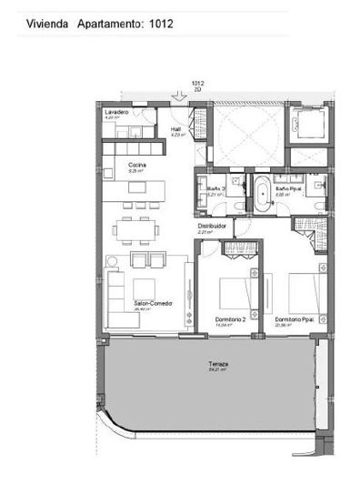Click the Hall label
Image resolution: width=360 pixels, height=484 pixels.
pos(176,129)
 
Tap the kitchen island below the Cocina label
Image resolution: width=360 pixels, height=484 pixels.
pos(149,189)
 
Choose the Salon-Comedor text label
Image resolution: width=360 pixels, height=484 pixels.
pos(153,304)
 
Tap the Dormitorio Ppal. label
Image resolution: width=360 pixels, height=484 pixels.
pos(296,319)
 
